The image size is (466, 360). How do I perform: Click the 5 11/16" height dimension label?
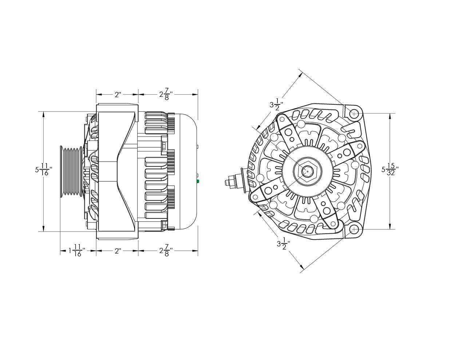pos(44,169)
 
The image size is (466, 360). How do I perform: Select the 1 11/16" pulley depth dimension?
pos(77,250)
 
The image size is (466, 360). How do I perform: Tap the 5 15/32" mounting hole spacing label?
pos(390,169)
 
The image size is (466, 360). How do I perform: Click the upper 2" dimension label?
pos(118,95)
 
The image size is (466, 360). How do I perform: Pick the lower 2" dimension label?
pos(118,251)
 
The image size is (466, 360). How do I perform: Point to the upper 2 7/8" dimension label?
pos(166,94)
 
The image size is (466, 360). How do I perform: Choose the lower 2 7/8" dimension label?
pos(166,250)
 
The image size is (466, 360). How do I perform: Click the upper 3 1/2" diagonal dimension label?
pos(276,104)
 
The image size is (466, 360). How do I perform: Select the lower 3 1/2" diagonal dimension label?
pos(284,244)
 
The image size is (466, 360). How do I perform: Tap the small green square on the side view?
pos(198,181)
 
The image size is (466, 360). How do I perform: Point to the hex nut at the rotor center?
pos(307,171)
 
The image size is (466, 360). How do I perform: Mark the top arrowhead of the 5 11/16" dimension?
pos(44,115)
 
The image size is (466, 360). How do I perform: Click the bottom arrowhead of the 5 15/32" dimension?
pos(390,226)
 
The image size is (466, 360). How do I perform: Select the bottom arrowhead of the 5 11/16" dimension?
pos(44,229)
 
